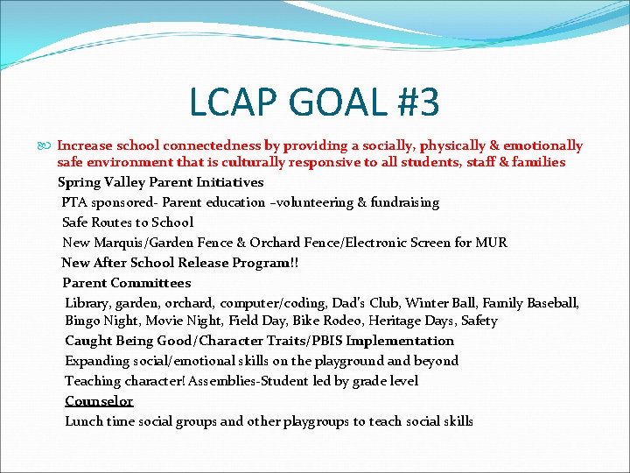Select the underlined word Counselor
(x=99, y=401)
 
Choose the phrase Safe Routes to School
(x=128, y=222)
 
